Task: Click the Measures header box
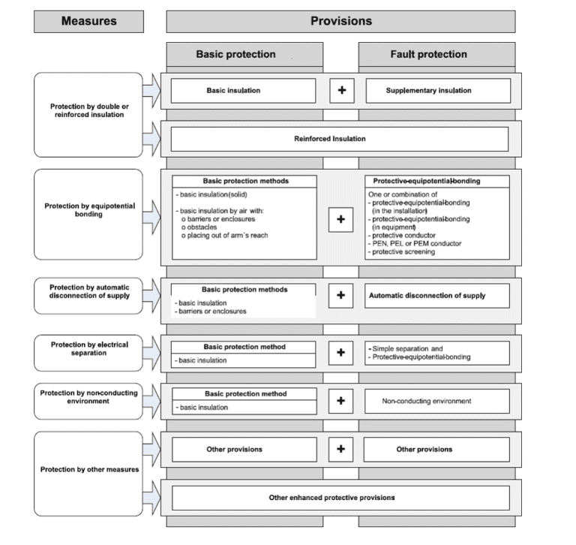(x=89, y=21)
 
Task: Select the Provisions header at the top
(x=340, y=21)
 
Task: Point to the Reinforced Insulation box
(x=340, y=139)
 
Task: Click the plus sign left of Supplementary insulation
(x=341, y=91)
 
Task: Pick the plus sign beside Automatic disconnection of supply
(x=341, y=295)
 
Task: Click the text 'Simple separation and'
(x=406, y=349)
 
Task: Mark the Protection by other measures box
(x=88, y=469)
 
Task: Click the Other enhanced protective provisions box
(x=340, y=498)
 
